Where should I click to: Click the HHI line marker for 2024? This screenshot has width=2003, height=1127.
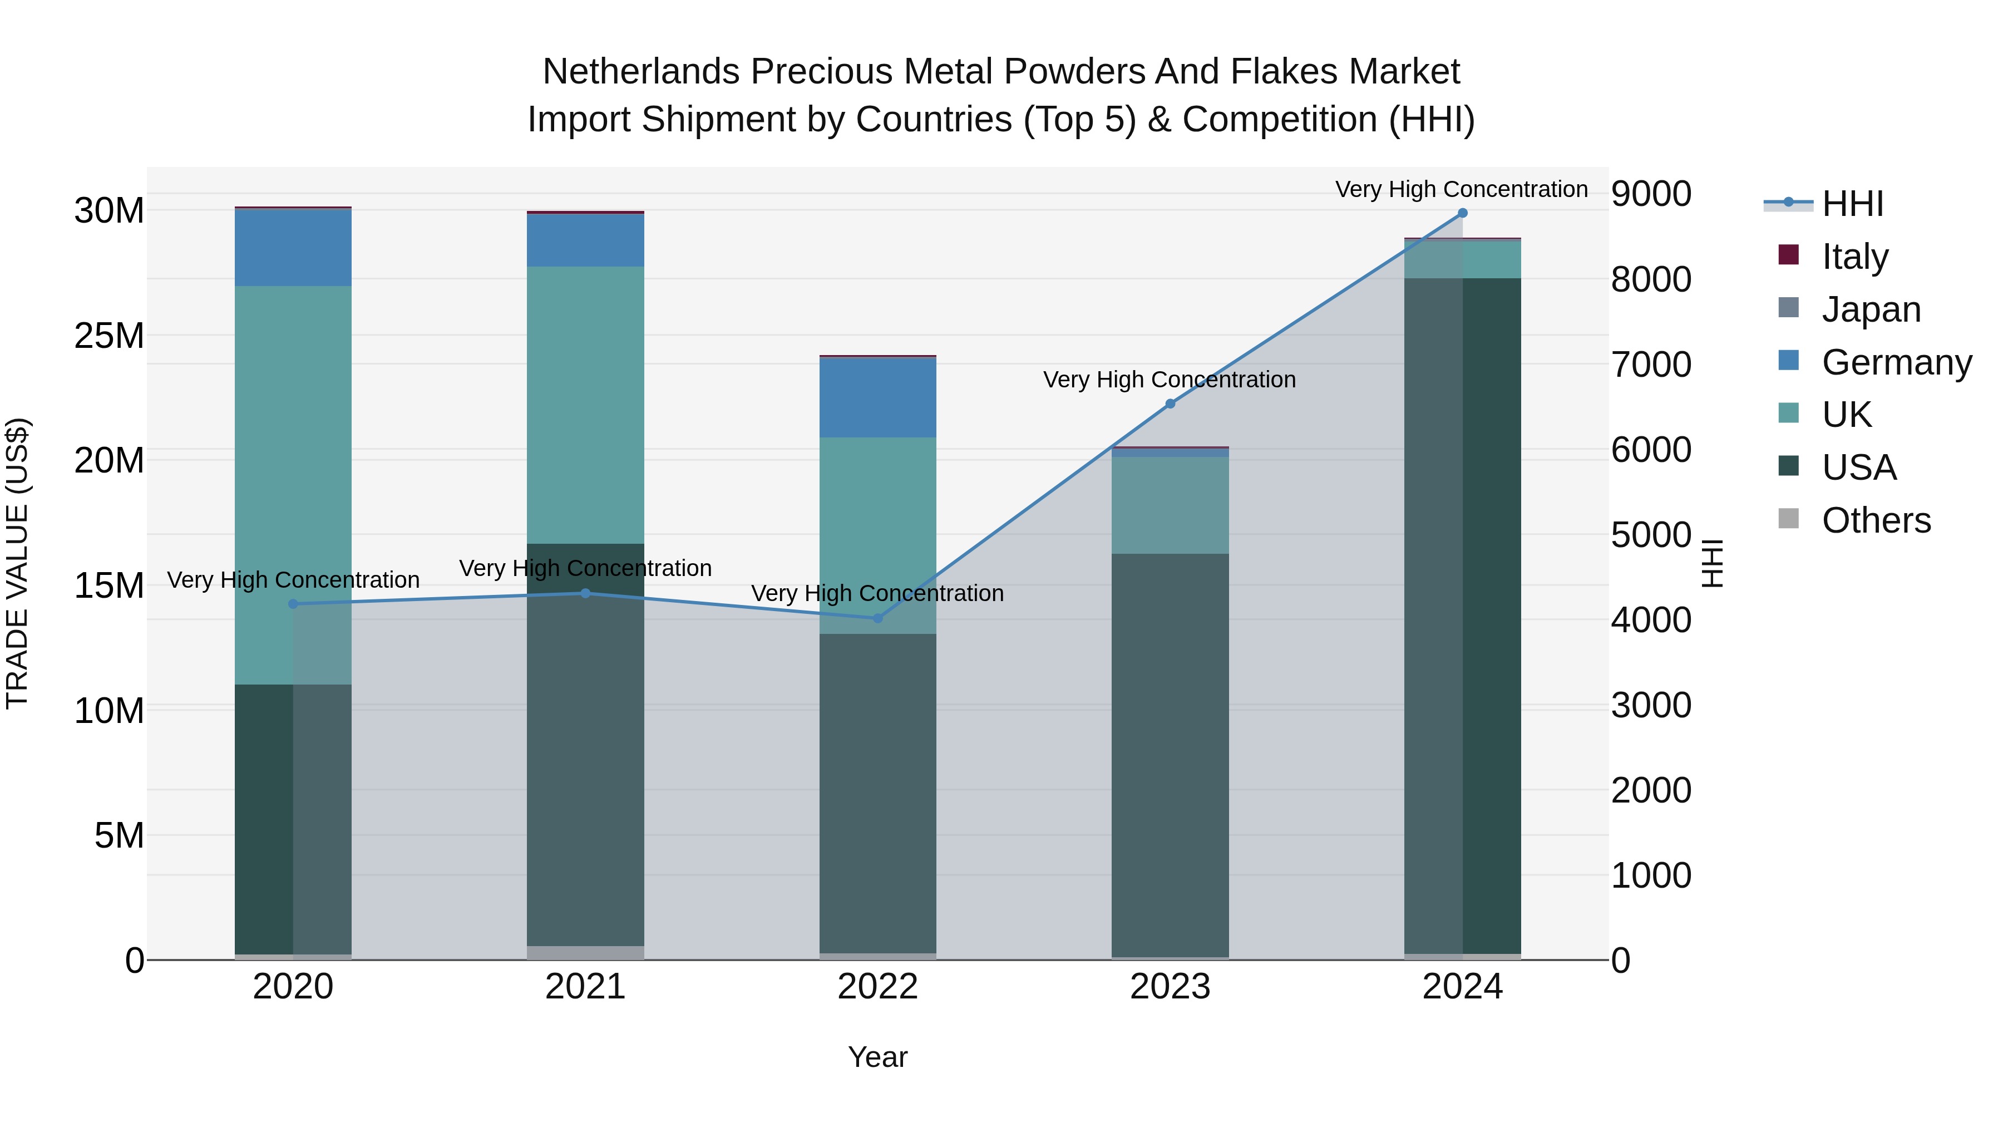(x=1462, y=213)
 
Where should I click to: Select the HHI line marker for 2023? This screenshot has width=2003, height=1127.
(x=1170, y=403)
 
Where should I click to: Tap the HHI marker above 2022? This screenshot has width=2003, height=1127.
(x=878, y=618)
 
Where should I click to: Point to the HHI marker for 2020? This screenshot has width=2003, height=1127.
(x=293, y=603)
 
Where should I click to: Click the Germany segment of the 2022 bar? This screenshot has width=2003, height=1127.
(x=878, y=397)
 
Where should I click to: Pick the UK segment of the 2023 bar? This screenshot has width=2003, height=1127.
(x=1170, y=505)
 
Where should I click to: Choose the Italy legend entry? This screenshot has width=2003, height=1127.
(x=1854, y=257)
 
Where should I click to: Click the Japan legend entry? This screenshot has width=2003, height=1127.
(x=1870, y=309)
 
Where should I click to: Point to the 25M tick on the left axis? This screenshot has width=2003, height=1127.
(x=109, y=336)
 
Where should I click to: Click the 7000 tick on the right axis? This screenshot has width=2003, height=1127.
(x=1650, y=364)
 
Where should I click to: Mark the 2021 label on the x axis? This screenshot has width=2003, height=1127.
(x=585, y=987)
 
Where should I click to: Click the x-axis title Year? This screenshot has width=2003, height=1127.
(x=878, y=1057)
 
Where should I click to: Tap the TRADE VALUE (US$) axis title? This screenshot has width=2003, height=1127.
(x=17, y=563)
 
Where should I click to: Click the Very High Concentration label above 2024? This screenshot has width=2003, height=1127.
(x=1461, y=189)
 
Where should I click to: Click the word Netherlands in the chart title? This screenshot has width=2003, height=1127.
(x=640, y=72)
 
